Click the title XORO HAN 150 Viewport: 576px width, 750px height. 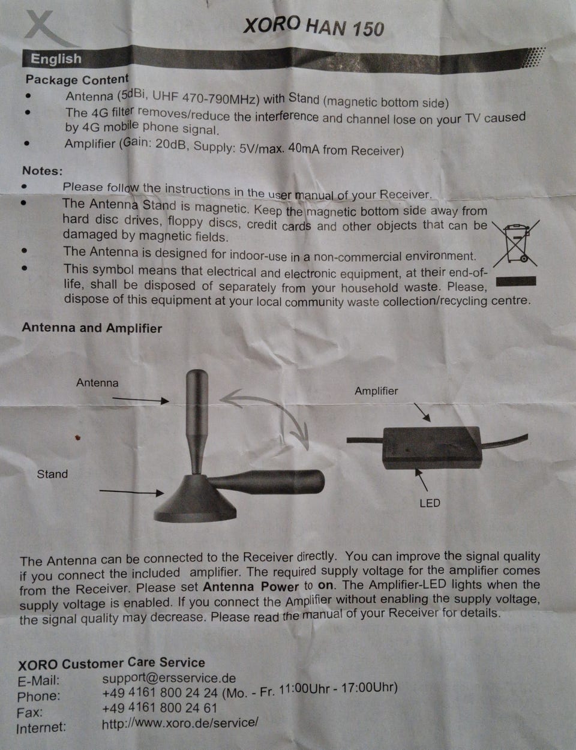point(314,27)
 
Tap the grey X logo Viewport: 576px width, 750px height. point(49,29)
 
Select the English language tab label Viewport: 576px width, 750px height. point(56,59)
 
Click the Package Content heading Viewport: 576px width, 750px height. point(77,80)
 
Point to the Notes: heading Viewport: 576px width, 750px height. point(43,170)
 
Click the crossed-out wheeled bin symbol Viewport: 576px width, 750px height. point(515,244)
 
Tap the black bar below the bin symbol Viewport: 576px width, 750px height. point(516,281)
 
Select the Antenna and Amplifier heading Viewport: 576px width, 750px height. point(92,328)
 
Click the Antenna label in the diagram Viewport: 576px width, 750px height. point(97,383)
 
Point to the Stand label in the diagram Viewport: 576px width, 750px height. point(52,474)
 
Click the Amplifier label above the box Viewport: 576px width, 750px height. point(376,391)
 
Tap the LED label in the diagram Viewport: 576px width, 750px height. point(430,503)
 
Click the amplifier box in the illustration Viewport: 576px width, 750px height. point(433,448)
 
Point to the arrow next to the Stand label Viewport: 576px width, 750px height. point(131,492)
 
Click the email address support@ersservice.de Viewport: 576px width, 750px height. point(169,678)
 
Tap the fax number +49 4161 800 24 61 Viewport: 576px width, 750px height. point(160,708)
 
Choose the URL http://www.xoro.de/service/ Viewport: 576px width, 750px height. point(180,722)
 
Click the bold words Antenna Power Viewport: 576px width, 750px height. point(251,587)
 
